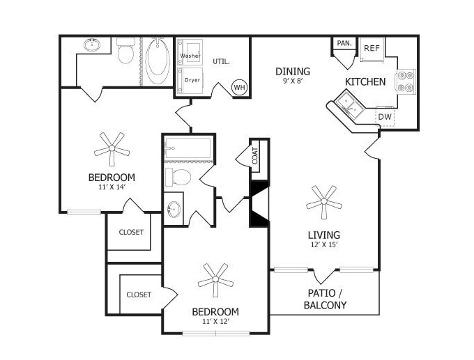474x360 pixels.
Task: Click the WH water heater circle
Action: (240, 88)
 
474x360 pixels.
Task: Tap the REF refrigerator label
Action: (372, 48)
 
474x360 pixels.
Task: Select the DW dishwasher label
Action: (385, 116)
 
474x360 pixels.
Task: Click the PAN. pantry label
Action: (344, 43)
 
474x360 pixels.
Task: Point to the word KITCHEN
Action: (365, 81)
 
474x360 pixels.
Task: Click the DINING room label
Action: (293, 71)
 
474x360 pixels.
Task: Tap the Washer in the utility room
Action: (190, 52)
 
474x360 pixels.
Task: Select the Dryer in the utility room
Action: (190, 81)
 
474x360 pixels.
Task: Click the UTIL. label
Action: (221, 61)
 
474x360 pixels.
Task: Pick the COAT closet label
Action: (255, 156)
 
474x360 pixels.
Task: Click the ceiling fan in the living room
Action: (323, 202)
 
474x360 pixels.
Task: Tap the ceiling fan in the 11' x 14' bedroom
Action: (112, 148)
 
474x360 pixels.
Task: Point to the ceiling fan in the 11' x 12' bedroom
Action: (215, 280)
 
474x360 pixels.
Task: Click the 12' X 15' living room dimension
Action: (323, 244)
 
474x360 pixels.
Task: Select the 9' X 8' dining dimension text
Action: (293, 81)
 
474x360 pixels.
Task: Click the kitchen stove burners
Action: (406, 81)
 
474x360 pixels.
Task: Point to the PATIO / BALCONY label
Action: (325, 299)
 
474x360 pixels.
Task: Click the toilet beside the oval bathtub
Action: (125, 51)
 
